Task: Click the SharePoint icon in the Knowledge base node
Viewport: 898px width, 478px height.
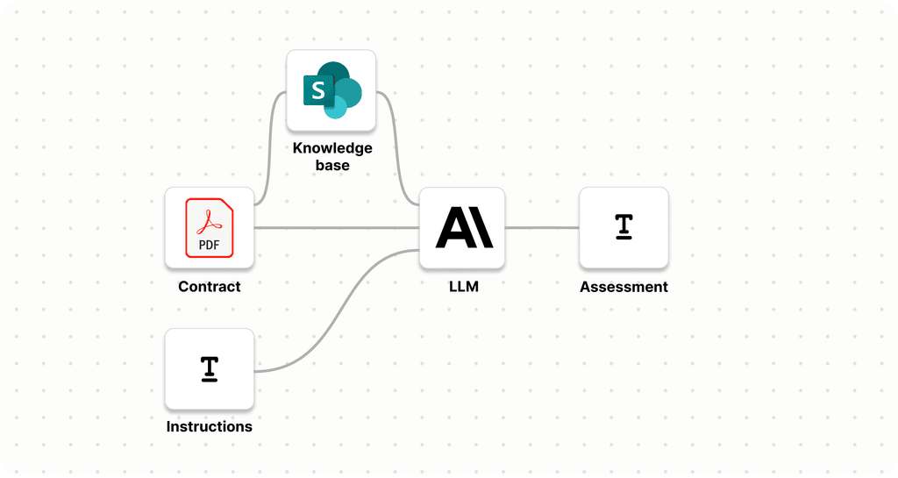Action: [331, 90]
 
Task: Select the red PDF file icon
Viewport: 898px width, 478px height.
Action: [209, 228]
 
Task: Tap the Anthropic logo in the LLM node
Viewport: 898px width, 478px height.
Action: [464, 228]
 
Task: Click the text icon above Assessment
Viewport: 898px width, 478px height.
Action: [624, 226]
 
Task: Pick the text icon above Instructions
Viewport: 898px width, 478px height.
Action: [209, 368]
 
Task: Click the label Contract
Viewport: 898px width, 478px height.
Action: [209, 287]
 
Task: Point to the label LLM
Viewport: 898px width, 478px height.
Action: [463, 287]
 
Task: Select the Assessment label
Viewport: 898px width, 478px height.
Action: [624, 287]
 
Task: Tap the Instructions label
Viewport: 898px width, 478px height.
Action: [209, 427]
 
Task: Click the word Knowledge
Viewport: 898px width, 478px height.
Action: [332, 148]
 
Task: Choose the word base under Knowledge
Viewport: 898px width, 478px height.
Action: [332, 165]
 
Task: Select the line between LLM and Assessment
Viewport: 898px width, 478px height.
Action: [542, 228]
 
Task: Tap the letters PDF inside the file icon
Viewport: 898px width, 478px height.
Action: [209, 245]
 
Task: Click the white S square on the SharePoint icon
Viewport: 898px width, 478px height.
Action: [317, 89]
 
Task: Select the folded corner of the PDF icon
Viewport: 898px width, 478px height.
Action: [226, 207]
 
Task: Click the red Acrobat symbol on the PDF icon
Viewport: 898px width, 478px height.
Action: [209, 220]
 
